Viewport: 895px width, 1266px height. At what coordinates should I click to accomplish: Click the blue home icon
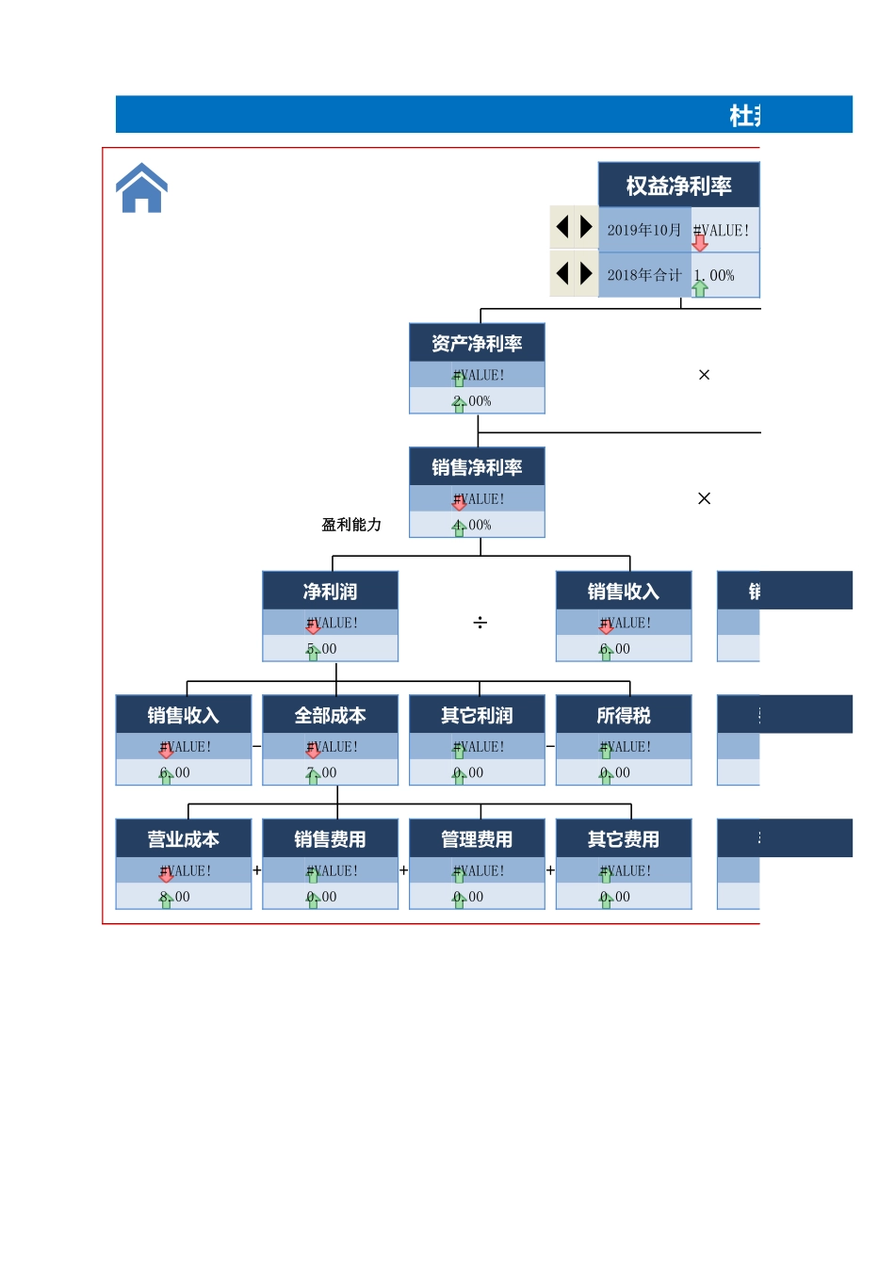pos(141,188)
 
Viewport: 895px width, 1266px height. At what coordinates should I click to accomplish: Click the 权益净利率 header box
pos(678,186)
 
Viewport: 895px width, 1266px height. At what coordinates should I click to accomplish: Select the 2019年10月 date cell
pos(644,230)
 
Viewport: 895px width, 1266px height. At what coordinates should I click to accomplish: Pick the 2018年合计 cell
pos(644,275)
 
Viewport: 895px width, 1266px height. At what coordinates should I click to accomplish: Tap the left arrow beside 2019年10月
pos(562,227)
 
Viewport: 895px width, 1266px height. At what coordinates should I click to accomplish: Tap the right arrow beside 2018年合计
pos(586,273)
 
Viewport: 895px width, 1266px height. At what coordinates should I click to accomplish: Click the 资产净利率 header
pos(477,344)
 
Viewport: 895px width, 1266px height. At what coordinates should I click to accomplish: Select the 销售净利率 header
pos(477,467)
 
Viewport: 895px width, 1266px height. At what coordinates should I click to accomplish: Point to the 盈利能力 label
pos(351,525)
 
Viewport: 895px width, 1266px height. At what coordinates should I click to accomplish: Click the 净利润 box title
pos(330,592)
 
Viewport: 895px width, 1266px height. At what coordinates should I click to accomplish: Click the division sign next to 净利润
pos(480,623)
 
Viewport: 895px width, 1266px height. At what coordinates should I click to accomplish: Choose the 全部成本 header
pos(330,715)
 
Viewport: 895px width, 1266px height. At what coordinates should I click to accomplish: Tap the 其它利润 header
pos(477,715)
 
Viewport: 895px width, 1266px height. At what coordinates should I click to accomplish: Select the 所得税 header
pos(624,715)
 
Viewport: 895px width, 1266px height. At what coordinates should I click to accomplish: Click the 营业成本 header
pos(184,839)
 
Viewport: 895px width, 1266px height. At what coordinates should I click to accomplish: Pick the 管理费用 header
pos(477,839)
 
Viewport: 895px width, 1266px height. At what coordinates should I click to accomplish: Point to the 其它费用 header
pos(624,839)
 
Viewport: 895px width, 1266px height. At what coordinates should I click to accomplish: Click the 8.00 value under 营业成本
pos(176,897)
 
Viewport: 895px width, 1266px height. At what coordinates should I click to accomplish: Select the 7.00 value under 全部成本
pos(323,772)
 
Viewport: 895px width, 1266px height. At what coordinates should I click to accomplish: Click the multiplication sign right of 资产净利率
pos(704,375)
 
